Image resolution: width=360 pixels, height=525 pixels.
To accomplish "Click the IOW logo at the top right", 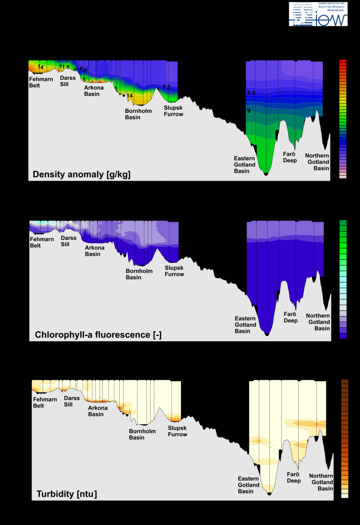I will click(x=318, y=14).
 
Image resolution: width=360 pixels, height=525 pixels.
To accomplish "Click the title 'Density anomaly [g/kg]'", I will click(x=81, y=174).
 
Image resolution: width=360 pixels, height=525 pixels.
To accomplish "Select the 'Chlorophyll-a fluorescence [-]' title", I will click(x=98, y=334).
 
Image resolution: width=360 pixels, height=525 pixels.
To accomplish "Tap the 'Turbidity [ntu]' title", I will click(x=67, y=494).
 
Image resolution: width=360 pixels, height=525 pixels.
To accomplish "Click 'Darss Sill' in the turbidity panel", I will click(x=72, y=401).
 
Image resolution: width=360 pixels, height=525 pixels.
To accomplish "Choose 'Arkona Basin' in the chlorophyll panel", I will click(x=94, y=251).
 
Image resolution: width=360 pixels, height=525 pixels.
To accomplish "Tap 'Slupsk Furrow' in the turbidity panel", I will click(x=177, y=431).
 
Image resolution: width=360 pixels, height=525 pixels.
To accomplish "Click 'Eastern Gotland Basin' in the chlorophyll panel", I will click(x=245, y=324).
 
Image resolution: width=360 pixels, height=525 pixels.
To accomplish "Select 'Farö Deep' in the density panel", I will click(x=290, y=157).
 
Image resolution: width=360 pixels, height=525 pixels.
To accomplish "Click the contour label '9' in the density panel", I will click(x=249, y=111).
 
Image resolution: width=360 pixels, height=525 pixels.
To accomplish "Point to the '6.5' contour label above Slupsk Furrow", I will click(x=166, y=87).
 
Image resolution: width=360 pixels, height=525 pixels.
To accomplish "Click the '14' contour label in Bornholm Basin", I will click(x=130, y=96).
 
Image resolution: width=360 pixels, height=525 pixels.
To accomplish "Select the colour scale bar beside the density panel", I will click(x=343, y=119).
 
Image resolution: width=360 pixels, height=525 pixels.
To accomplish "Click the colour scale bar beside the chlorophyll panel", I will click(x=343, y=279).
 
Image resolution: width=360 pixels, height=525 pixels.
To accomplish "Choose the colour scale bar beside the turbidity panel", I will click(x=345, y=439).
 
